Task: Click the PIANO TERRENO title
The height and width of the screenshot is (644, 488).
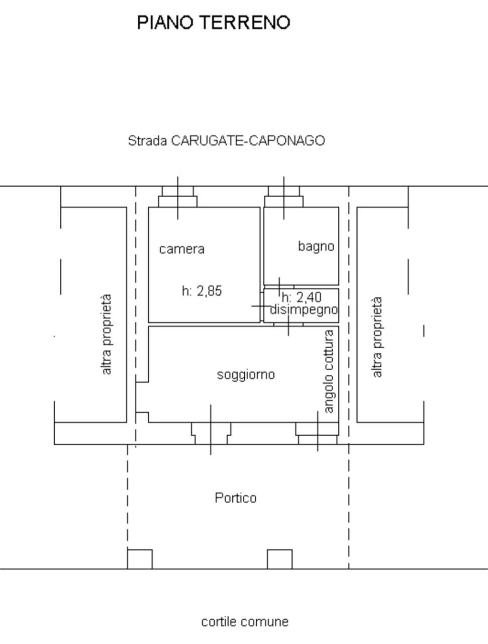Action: [x=214, y=22]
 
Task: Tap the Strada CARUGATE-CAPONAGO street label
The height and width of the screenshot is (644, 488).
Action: [x=226, y=140]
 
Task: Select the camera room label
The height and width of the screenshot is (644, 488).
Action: [x=182, y=249]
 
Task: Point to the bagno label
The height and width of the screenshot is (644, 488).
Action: [x=316, y=246]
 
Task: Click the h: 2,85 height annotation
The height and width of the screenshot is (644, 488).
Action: [x=202, y=291]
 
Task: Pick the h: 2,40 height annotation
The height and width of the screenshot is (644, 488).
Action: [x=302, y=297]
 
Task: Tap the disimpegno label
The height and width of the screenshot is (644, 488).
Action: [x=304, y=309]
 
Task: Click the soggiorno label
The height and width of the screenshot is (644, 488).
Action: [x=246, y=375]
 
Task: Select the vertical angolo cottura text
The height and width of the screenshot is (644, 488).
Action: [x=329, y=371]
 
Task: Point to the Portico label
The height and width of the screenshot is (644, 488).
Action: [x=236, y=498]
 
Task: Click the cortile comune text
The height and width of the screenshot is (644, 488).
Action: [x=245, y=622]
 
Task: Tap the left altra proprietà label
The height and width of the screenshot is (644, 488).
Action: [x=106, y=335]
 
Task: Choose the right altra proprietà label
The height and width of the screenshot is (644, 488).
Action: [x=377, y=337]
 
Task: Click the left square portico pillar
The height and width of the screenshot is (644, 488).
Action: [x=140, y=559]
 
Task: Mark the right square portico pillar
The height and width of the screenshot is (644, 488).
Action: [x=279, y=559]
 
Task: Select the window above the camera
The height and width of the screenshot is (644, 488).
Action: [x=177, y=197]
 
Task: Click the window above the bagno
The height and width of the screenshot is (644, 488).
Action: [x=284, y=197]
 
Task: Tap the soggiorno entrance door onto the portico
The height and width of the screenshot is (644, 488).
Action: [x=211, y=433]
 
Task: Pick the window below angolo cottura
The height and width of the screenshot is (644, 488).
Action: [x=318, y=433]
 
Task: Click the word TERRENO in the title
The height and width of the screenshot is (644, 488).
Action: [x=246, y=22]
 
